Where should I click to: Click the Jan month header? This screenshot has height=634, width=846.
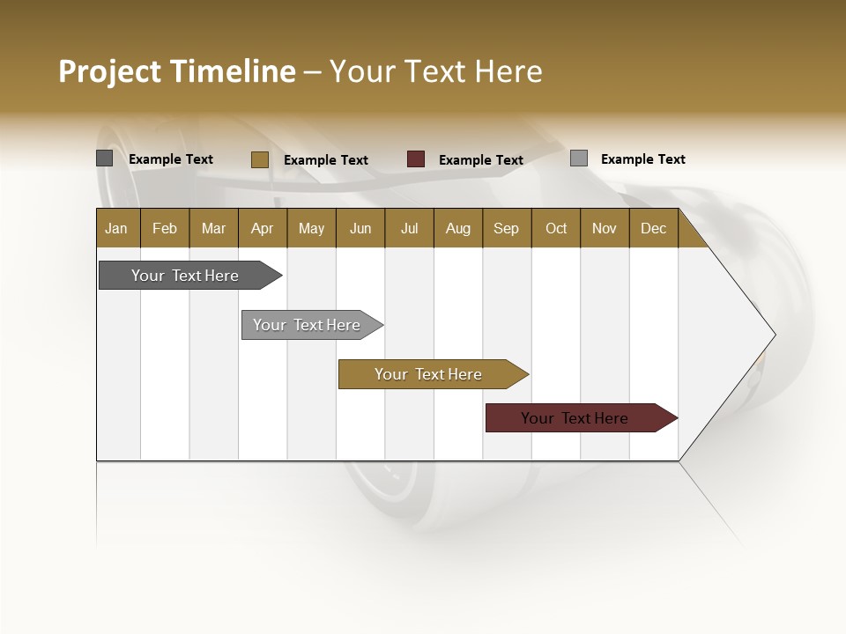116,229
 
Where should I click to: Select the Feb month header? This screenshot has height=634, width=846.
165,229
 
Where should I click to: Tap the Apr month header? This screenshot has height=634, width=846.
262,229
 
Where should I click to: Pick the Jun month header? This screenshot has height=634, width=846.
360,229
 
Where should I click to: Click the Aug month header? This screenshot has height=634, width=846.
457,229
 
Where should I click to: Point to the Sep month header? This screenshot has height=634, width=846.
506,229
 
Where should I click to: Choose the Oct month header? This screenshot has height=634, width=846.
556,229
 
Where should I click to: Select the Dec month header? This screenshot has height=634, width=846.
653,229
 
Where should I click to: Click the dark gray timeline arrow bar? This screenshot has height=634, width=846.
186,276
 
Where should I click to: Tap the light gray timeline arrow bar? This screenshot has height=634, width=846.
308,325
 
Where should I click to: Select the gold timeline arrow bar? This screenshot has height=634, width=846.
429,374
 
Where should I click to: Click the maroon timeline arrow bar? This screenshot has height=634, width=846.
575,418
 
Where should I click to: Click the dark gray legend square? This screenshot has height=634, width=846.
105,158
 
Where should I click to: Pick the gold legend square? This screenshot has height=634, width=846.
260,159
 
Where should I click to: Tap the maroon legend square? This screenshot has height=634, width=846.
416,159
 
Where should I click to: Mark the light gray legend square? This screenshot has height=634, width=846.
579,158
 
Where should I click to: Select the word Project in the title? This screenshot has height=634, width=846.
110,71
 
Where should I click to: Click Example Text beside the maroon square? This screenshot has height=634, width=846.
481,160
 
